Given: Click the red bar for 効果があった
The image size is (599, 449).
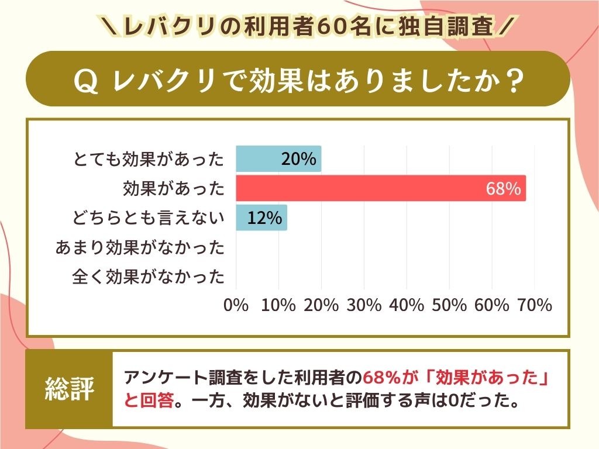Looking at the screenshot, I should coord(380,188).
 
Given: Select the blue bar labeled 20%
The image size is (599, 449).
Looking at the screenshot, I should coord(278,159).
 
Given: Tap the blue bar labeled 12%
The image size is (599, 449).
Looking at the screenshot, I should coord(261,217).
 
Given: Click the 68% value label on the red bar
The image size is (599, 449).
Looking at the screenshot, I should coord(503,189).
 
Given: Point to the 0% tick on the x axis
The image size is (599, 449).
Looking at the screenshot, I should coord(236,305).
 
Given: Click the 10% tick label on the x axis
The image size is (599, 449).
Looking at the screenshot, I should coord(278,305).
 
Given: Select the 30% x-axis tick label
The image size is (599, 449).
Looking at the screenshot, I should coord(364,305).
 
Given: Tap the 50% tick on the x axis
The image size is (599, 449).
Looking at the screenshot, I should coord(449,305).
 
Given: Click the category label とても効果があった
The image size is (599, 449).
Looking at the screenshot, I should coord(149,159).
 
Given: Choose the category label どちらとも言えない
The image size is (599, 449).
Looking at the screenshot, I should coord(149,218).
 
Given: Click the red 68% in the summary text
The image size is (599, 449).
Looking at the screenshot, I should coord(382,377).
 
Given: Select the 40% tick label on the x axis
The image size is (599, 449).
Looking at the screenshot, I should coord(407,305).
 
